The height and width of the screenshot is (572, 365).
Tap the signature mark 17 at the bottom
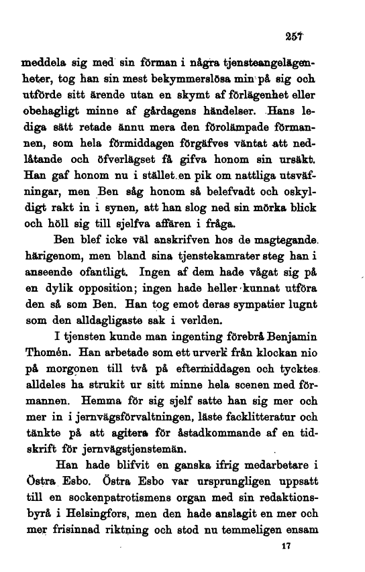pos(287,546)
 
